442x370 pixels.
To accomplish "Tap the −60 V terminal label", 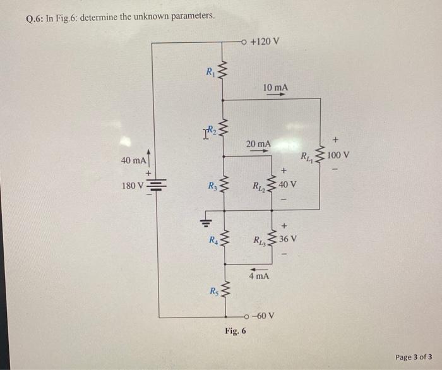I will [263, 315].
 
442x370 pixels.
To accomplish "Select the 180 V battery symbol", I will [158, 186].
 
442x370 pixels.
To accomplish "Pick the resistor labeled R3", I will [222, 186].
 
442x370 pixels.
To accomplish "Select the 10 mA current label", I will [276, 86].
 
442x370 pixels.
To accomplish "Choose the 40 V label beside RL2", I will [287, 184].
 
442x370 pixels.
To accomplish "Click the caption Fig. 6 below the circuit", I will [235, 331].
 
